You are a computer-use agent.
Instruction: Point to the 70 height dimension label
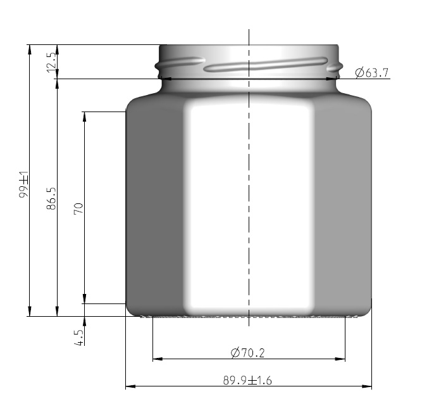tap(78, 208)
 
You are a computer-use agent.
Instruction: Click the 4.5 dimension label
tap(78, 336)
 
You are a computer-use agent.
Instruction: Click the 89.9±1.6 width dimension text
tap(248, 380)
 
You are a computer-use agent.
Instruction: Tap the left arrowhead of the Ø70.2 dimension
tap(156, 359)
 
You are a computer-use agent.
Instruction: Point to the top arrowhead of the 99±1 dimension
tap(29, 49)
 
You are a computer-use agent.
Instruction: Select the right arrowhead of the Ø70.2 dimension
tap(341, 359)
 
